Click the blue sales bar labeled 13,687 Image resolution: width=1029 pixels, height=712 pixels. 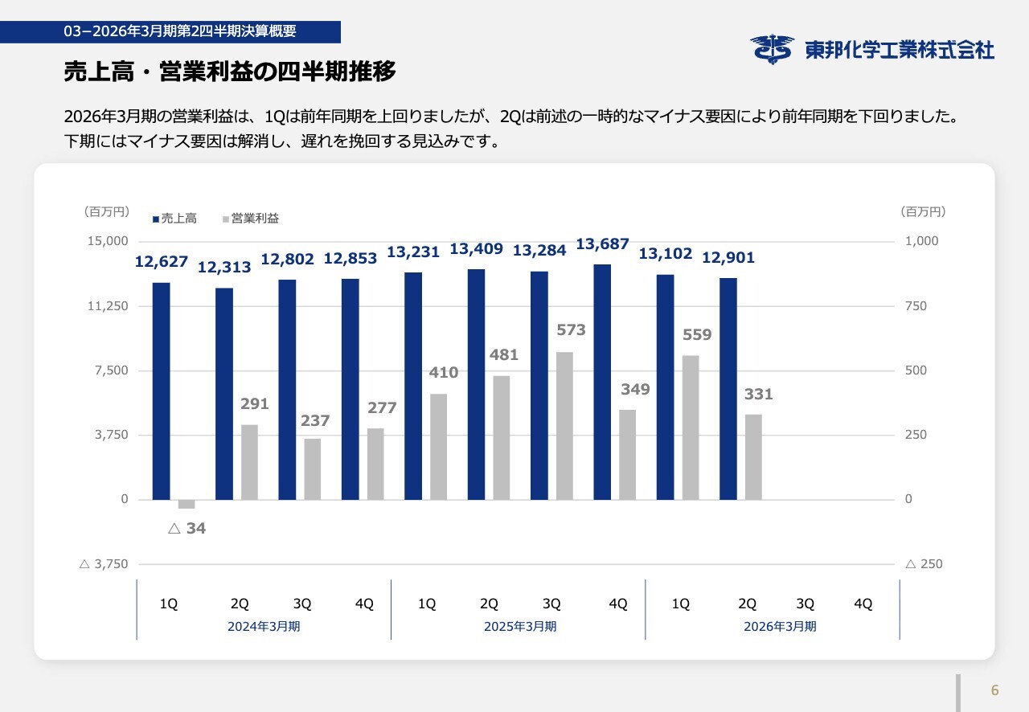602,382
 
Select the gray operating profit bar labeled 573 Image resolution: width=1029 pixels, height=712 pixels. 564,426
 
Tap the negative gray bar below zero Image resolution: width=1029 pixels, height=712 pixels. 187,505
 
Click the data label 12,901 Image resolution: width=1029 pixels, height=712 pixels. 728,258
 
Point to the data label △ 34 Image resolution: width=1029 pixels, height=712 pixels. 187,529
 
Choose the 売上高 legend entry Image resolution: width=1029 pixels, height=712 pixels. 175,219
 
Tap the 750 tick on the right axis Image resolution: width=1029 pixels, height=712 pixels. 916,306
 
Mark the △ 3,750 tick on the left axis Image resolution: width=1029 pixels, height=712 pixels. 104,564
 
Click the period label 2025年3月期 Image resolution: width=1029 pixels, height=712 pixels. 520,627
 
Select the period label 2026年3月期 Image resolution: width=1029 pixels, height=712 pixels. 780,627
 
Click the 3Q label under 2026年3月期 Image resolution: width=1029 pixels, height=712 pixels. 805,604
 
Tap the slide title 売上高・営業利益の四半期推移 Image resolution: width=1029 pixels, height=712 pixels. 230,72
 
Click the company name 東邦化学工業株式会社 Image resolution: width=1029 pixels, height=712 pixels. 900,50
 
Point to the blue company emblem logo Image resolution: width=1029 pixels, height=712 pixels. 773,49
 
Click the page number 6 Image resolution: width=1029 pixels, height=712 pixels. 994,690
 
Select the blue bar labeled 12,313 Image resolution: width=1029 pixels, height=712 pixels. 224,394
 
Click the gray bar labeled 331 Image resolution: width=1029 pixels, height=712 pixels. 753,456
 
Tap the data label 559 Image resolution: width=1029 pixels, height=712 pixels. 697,335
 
